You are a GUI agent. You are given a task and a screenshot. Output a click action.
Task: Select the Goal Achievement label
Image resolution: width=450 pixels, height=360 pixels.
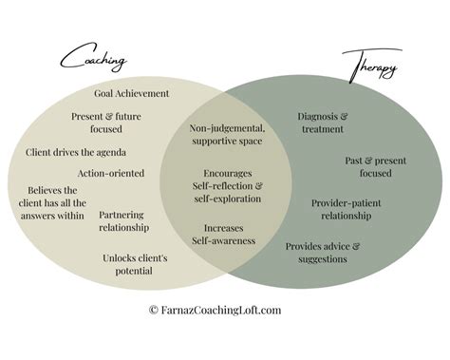131,93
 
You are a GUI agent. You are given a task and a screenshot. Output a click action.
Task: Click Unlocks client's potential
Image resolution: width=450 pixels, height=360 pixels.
135,263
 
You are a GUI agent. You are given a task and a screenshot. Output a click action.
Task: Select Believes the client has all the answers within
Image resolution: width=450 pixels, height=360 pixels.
54,202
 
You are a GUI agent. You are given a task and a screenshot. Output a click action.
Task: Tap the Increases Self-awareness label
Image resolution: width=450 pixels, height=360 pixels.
224,234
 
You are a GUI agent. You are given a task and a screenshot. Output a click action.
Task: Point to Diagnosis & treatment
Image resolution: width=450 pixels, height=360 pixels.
316,123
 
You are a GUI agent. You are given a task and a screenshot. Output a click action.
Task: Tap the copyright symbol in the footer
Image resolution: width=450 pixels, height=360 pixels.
154,310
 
